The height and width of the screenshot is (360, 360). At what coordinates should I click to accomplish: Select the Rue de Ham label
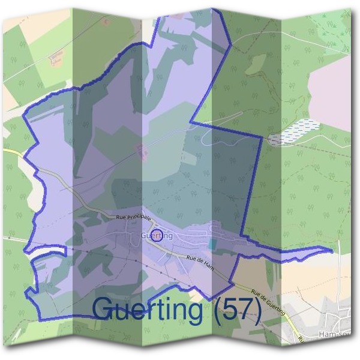click(x=200, y=260)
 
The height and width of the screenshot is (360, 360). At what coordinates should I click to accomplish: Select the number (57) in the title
click(x=235, y=310)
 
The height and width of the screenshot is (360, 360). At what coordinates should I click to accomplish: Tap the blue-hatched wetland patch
click(x=293, y=131)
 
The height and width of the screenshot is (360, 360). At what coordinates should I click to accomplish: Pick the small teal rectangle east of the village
click(x=212, y=244)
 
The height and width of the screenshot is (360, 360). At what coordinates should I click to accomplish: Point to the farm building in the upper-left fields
click(x=58, y=58)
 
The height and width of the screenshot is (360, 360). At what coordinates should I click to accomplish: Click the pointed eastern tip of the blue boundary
click(x=331, y=249)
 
